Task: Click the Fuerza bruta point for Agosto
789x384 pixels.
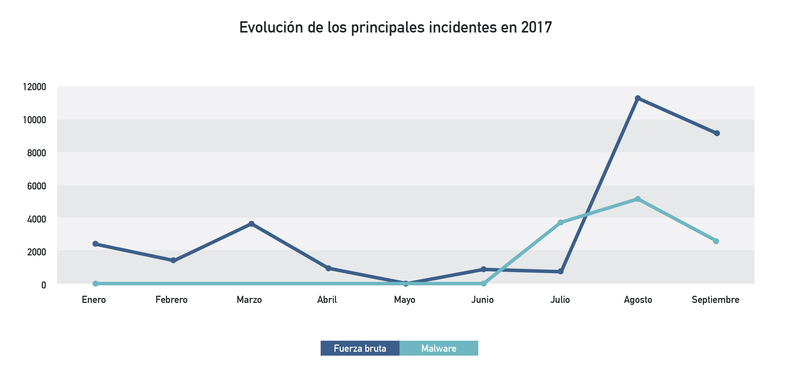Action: pyautogui.click(x=638, y=98)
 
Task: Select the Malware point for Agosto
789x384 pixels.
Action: pyautogui.click(x=638, y=199)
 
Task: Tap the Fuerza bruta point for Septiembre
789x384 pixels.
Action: pyautogui.click(x=717, y=133)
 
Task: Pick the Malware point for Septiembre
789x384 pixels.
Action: pyautogui.click(x=716, y=241)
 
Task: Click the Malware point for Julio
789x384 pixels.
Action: pyautogui.click(x=560, y=222)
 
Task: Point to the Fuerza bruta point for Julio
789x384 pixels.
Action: pyautogui.click(x=560, y=271)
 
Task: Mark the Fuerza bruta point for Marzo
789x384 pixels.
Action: pyautogui.click(x=251, y=224)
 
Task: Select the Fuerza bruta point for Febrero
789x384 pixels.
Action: pyautogui.click(x=173, y=260)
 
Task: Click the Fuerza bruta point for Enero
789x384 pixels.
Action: pyautogui.click(x=95, y=244)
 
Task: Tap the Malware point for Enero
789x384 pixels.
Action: pyautogui.click(x=95, y=284)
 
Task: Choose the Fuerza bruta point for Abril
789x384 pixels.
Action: pyautogui.click(x=328, y=268)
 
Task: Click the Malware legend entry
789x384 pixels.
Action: pyautogui.click(x=439, y=348)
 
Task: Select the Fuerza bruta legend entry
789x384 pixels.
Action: pyautogui.click(x=360, y=348)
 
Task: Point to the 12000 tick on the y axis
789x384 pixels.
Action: pyautogui.click(x=35, y=87)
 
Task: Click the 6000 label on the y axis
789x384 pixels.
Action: pyautogui.click(x=36, y=186)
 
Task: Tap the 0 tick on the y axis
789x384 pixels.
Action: pyautogui.click(x=44, y=285)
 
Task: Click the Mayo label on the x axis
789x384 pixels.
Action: pyautogui.click(x=405, y=300)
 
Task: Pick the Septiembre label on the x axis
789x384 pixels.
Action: pyautogui.click(x=715, y=300)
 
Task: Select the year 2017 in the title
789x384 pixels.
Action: pyautogui.click(x=536, y=28)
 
